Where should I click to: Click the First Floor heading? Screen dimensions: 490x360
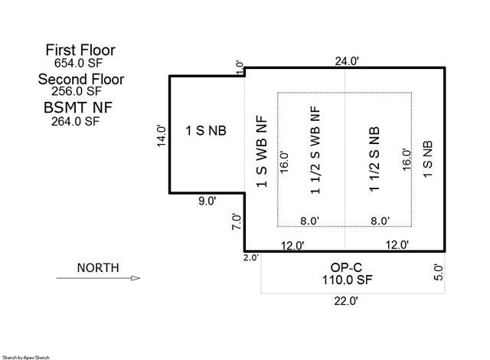point(80,50)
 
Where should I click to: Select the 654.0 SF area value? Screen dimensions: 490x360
point(78,63)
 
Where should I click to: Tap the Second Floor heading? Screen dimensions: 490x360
point(81,79)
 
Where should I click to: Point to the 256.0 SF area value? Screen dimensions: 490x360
point(77,91)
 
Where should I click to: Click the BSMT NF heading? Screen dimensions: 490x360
point(78,108)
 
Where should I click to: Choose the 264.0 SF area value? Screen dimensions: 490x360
point(75,121)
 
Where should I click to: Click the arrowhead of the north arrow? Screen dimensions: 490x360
point(136,278)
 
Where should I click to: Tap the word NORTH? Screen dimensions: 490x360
point(98,268)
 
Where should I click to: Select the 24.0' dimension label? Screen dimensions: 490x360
point(347,61)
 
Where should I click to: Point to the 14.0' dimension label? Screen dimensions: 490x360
point(162,136)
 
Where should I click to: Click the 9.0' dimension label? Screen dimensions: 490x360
point(207,201)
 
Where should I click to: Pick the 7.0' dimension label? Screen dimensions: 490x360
point(237,222)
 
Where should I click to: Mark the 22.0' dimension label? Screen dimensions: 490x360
point(346,301)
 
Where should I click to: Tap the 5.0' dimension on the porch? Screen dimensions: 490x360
point(439,273)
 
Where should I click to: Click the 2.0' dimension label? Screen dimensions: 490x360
point(251,257)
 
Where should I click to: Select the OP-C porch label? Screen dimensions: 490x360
point(346,267)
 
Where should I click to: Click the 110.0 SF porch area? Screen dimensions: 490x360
point(347,280)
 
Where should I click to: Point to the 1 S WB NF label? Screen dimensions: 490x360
point(262,152)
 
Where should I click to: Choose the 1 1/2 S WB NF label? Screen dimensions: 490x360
point(315,150)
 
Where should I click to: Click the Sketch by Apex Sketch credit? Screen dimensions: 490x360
point(25,357)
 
